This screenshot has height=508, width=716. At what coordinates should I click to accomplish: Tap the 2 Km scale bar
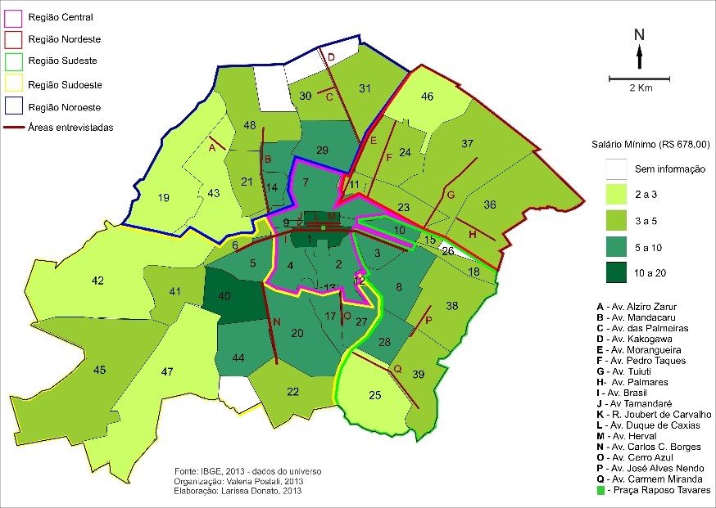pos(639,79)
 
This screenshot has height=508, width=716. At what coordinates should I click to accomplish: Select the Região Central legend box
pos(14,16)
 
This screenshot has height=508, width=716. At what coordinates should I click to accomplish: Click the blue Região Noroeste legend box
pos(14,106)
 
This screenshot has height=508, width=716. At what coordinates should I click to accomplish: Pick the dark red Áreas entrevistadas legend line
pos(14,128)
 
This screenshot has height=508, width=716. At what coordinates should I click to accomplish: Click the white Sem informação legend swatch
pos(610,169)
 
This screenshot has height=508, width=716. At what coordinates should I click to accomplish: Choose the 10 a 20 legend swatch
pos(610,270)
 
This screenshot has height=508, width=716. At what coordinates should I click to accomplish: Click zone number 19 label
pos(163,197)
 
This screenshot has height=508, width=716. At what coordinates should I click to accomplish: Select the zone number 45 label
pos(100,371)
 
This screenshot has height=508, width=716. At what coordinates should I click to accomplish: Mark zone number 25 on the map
pos(375,396)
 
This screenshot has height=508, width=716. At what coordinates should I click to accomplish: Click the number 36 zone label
pos(491,205)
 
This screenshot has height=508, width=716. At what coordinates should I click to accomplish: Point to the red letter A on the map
pos(212,148)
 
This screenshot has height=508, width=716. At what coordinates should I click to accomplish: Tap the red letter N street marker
pos(277,322)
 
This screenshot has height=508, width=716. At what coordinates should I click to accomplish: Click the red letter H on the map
pos(472,235)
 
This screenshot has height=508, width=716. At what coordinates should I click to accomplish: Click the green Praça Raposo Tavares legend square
pos(602,490)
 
